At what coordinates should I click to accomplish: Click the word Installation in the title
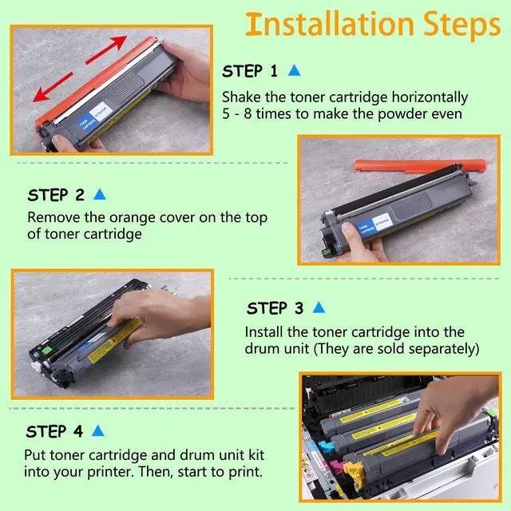pyautogui.click(x=330, y=24)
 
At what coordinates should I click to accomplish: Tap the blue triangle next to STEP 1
pyautogui.click(x=294, y=70)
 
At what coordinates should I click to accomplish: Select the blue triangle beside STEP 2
pyautogui.click(x=100, y=194)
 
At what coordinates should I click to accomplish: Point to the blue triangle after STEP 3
pyautogui.click(x=319, y=307)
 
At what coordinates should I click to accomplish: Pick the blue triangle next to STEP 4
pyautogui.click(x=97, y=430)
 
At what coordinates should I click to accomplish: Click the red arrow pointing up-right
pyautogui.click(x=106, y=50)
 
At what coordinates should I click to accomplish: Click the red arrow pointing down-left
pyautogui.click(x=53, y=87)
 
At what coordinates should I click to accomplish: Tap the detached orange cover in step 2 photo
pyautogui.click(x=420, y=165)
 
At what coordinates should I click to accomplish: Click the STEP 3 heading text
pyautogui.click(x=275, y=308)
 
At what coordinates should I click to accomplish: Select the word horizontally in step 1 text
pyautogui.click(x=430, y=97)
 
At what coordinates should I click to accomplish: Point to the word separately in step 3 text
pyautogui.click(x=444, y=348)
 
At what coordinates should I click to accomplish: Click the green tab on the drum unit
pyautogui.click(x=46, y=351)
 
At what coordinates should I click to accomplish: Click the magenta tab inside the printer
pyautogui.click(x=335, y=466)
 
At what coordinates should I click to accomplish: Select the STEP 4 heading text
pyautogui.click(x=55, y=431)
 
